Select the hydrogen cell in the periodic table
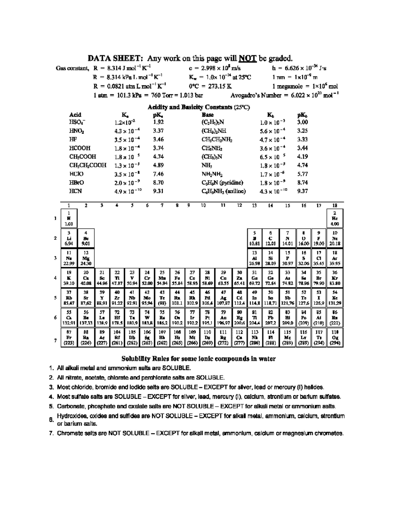(x=69, y=218)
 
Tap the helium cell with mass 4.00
(x=335, y=218)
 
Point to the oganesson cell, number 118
(x=335, y=338)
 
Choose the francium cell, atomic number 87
(x=69, y=338)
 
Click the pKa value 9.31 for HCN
(x=158, y=191)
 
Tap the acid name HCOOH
(x=80, y=148)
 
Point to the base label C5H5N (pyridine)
(x=222, y=182)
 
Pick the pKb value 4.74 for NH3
(x=302, y=165)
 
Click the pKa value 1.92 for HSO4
(x=158, y=122)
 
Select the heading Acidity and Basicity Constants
(x=199, y=107)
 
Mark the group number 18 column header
(x=335, y=205)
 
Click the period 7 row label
(x=55, y=340)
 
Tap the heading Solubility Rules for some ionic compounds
(x=198, y=359)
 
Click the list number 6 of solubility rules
(x=52, y=420)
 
